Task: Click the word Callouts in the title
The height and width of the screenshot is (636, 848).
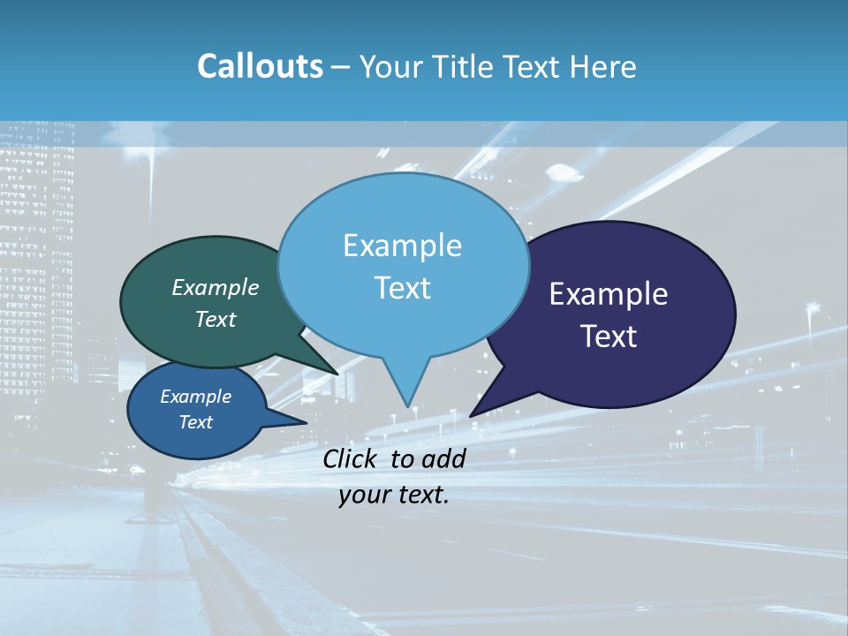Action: click(x=260, y=66)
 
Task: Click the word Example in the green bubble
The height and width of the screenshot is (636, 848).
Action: click(x=216, y=287)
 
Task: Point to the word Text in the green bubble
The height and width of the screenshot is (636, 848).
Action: click(x=216, y=319)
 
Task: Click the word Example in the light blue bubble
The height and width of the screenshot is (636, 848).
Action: click(x=402, y=246)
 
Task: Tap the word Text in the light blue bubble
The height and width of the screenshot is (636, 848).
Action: click(x=402, y=288)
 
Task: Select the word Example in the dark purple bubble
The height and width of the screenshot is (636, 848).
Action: click(x=609, y=294)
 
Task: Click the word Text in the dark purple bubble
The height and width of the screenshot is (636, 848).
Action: click(x=609, y=337)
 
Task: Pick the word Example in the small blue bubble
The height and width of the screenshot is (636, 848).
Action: click(x=195, y=397)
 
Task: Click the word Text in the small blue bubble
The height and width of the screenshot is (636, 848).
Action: click(x=195, y=422)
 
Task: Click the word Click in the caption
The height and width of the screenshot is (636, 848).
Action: click(x=352, y=458)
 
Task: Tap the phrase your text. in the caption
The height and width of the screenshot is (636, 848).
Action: click(x=394, y=495)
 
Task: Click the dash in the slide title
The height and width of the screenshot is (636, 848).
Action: click(x=342, y=66)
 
